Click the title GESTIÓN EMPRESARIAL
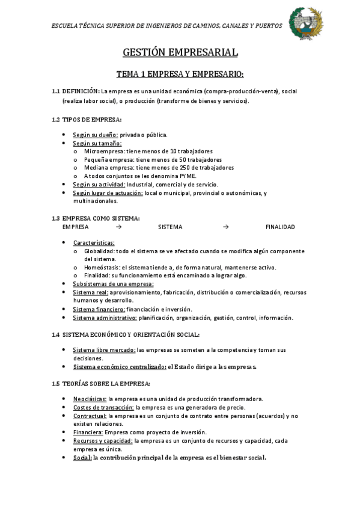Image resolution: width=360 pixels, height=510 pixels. coord(180,54)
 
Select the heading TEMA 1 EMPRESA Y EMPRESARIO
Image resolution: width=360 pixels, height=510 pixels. coord(180,74)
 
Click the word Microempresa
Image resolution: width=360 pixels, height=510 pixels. coord(102,151)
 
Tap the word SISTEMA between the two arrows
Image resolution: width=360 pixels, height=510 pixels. coord(170,227)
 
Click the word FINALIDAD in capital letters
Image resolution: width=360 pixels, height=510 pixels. coord(280,227)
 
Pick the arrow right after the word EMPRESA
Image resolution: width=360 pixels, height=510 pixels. coord(118,227)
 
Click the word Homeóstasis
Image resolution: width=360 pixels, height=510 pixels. coord(100,267)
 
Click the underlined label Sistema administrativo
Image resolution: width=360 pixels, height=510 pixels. coord(99,318)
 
